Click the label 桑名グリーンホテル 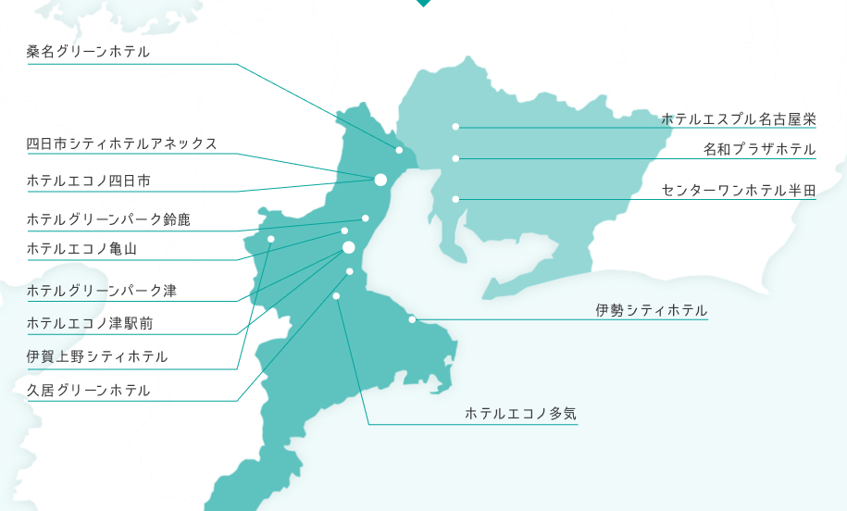tap(88, 52)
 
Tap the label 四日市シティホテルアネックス tap(122, 143)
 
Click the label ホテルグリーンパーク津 tap(102, 291)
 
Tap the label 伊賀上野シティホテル tap(97, 356)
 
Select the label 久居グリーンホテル tap(88, 390)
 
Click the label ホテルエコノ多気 tap(520, 414)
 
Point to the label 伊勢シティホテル tap(652, 310)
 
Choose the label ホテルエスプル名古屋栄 tap(738, 118)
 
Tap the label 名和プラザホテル tap(759, 149)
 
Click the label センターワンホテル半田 tap(738, 190)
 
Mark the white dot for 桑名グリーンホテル tap(400, 150)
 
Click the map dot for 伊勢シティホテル tap(412, 320)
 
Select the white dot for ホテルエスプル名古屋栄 tap(455, 127)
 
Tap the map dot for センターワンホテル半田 tap(455, 199)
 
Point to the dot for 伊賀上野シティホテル tap(271, 239)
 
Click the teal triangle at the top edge tap(423, 3)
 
